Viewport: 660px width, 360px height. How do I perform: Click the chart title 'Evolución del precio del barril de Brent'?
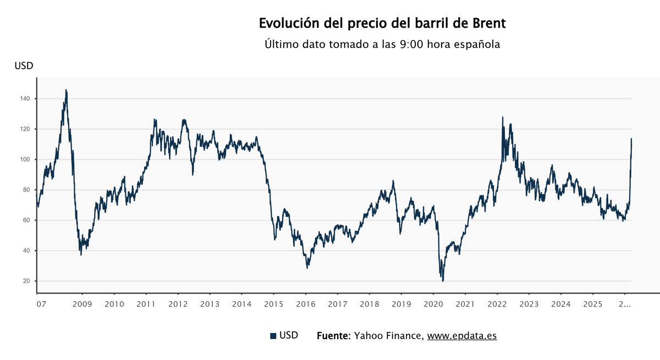click(x=382, y=24)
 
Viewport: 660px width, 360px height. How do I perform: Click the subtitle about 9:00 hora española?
click(x=382, y=45)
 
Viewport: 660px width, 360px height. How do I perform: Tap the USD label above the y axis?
click(x=24, y=66)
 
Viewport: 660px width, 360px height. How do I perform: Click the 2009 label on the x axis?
click(x=82, y=304)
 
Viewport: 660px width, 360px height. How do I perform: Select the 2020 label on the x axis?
click(x=433, y=304)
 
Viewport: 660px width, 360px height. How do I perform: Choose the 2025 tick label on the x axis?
click(x=592, y=304)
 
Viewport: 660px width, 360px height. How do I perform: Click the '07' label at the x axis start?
click(x=41, y=304)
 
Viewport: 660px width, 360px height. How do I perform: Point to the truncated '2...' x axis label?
click(x=624, y=304)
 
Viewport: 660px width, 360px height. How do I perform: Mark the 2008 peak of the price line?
click(x=66, y=90)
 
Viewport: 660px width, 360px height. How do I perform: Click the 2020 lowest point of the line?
click(x=443, y=281)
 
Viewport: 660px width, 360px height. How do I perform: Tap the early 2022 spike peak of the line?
click(x=502, y=117)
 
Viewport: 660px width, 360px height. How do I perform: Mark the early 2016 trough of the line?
click(x=307, y=268)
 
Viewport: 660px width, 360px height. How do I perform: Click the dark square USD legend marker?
click(x=273, y=336)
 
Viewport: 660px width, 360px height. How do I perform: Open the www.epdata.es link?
click(x=462, y=335)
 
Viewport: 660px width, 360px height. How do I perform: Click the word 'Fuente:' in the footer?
click(x=333, y=335)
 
